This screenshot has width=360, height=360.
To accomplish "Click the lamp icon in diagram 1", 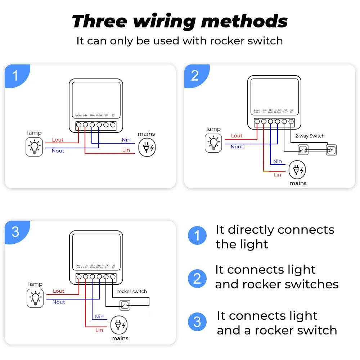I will click(34, 147).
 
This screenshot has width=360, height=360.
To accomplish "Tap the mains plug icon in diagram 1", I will click(147, 147).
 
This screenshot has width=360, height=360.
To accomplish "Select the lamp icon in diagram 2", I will click(213, 143).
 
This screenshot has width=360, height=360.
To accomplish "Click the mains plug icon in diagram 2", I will click(297, 170).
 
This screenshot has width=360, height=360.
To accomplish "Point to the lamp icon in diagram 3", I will click(35, 298).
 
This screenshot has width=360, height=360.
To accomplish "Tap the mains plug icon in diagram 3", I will click(119, 325).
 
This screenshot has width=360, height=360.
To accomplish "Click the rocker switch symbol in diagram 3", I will click(125, 306).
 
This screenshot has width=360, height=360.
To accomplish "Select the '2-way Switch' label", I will click(310, 136).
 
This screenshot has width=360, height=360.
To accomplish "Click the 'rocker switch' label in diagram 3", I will click(132, 291).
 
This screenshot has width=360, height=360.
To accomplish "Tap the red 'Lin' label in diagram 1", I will click(126, 150).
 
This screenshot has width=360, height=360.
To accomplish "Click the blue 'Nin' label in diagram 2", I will click(277, 161).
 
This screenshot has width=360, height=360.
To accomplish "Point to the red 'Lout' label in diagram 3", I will click(58, 291).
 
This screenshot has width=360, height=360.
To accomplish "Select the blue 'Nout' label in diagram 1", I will click(58, 151).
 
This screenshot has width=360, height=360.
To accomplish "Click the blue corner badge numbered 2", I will click(195, 76).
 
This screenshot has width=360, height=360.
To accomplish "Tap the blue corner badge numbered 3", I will click(15, 232).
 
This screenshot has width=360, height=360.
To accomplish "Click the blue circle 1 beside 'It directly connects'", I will click(197, 236).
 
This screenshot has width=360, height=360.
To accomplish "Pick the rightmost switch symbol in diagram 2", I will click(331, 150).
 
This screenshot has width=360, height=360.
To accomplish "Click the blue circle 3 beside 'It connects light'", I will click(197, 322).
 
